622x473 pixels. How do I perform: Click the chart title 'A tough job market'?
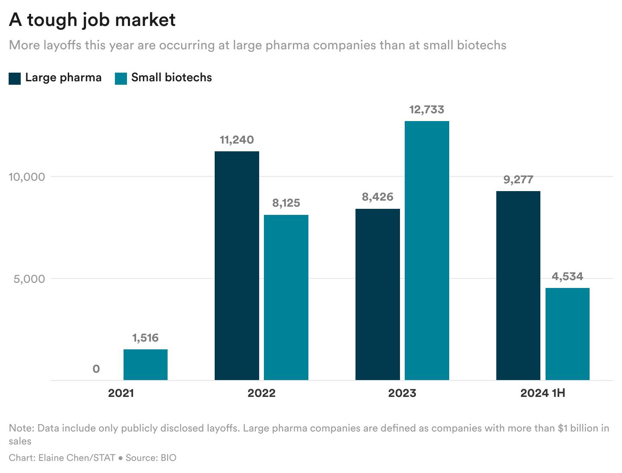pyautogui.click(x=92, y=20)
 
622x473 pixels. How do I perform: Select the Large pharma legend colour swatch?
pyautogui.click(x=15, y=78)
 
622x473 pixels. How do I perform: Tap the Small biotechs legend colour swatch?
pyautogui.click(x=121, y=78)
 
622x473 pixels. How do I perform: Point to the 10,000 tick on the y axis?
pyautogui.click(x=27, y=177)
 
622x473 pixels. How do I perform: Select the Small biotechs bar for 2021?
pyautogui.click(x=146, y=364)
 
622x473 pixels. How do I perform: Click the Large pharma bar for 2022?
pyautogui.click(x=237, y=265)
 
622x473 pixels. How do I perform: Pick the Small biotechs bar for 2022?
pyautogui.click(x=286, y=297)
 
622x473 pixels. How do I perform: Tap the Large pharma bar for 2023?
pyautogui.click(x=378, y=294)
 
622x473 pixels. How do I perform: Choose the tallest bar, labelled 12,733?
pyautogui.click(x=427, y=250)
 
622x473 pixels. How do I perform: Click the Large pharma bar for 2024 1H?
pyautogui.click(x=518, y=285)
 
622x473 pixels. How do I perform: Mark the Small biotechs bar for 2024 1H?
pyautogui.click(x=567, y=334)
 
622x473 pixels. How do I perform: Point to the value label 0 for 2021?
pyautogui.click(x=96, y=369)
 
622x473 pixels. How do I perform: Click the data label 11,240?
pyautogui.click(x=237, y=140)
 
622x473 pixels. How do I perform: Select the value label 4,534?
pyautogui.click(x=567, y=277)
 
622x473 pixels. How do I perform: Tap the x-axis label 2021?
pyautogui.click(x=121, y=393)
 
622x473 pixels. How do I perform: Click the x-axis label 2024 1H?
pyautogui.click(x=543, y=393)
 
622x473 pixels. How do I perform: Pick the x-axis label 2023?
pyautogui.click(x=402, y=393)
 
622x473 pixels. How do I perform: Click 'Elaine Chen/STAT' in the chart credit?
pyautogui.click(x=77, y=458)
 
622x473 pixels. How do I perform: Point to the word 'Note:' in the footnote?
pyautogui.click(x=22, y=428)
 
